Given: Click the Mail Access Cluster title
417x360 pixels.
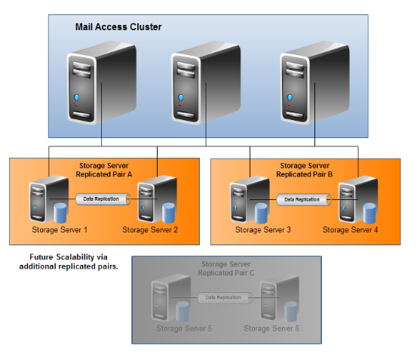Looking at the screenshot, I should (118, 27).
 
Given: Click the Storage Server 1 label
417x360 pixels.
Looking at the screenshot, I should (60, 230).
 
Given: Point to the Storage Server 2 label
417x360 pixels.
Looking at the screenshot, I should (150, 230).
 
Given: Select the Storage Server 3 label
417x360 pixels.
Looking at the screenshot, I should (263, 230).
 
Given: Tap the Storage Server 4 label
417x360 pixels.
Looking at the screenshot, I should (351, 230).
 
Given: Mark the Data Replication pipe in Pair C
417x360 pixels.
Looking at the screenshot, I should (225, 297).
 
